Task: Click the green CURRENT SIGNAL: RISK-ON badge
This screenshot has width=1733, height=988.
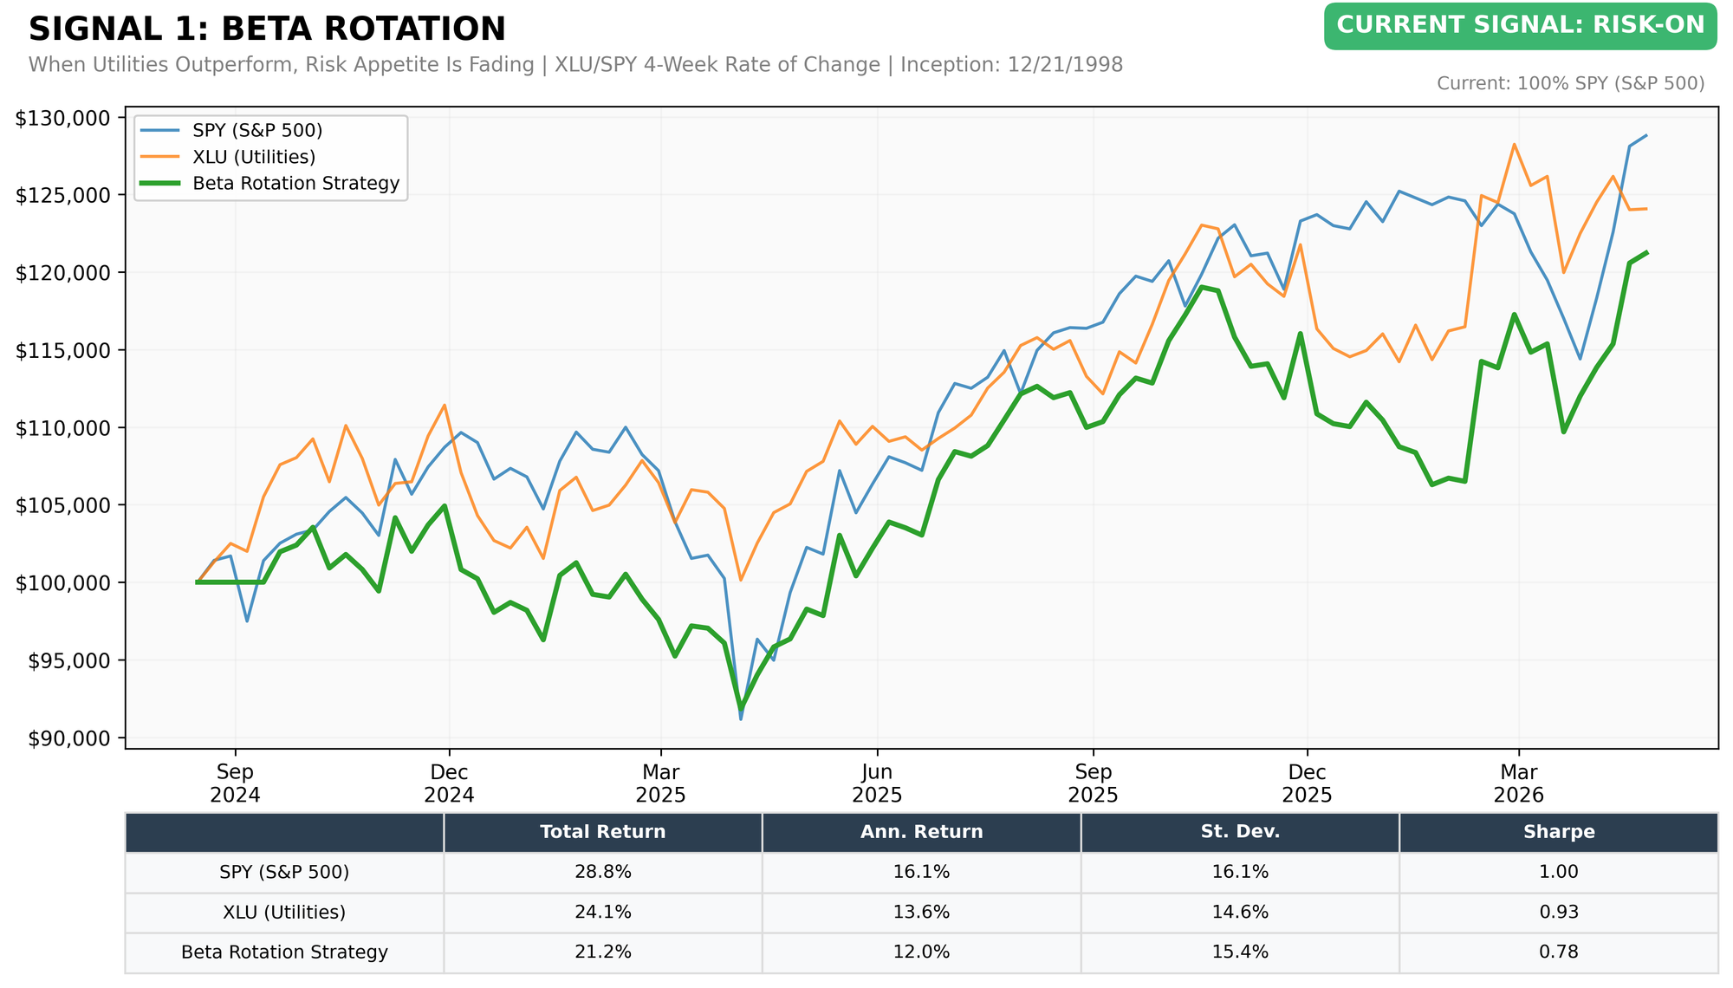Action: [1520, 26]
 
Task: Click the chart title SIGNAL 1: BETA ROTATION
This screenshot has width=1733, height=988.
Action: [267, 29]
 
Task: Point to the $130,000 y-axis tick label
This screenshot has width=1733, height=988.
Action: [63, 118]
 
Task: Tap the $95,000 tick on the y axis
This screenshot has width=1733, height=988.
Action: [68, 660]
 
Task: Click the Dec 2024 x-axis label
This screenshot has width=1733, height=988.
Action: [449, 783]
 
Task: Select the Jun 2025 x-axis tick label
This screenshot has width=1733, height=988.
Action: [878, 783]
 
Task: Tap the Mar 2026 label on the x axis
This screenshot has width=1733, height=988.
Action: [1519, 783]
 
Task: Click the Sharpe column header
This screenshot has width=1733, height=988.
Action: [1559, 832]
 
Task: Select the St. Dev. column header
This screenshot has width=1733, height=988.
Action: [1240, 832]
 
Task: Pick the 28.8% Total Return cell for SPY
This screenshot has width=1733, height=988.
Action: [603, 872]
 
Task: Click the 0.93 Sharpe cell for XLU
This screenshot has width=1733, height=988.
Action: [1559, 912]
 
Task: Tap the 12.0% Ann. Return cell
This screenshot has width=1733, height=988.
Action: [921, 952]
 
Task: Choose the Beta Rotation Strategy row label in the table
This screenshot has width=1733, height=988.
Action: [284, 952]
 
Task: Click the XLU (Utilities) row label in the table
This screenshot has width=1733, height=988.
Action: [284, 912]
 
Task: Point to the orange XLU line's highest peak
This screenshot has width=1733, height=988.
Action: [1514, 144]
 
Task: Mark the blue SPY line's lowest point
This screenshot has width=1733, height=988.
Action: [741, 719]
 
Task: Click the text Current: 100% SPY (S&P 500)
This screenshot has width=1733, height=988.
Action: [1571, 83]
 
